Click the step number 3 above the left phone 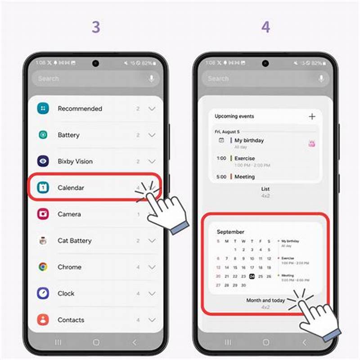(96, 27)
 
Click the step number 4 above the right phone (265, 27)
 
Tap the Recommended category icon (43, 108)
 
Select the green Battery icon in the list (43, 135)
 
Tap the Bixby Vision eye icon (43, 161)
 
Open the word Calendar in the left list (71, 188)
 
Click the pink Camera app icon (43, 214)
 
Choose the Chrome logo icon (43, 267)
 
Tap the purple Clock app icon (43, 293)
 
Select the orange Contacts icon (43, 320)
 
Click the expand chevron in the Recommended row (152, 108)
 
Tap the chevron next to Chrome (152, 267)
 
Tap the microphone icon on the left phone (151, 79)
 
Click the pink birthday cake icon (311, 144)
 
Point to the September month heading (230, 232)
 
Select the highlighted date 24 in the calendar (252, 276)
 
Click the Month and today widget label (265, 300)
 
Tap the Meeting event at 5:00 (244, 177)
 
